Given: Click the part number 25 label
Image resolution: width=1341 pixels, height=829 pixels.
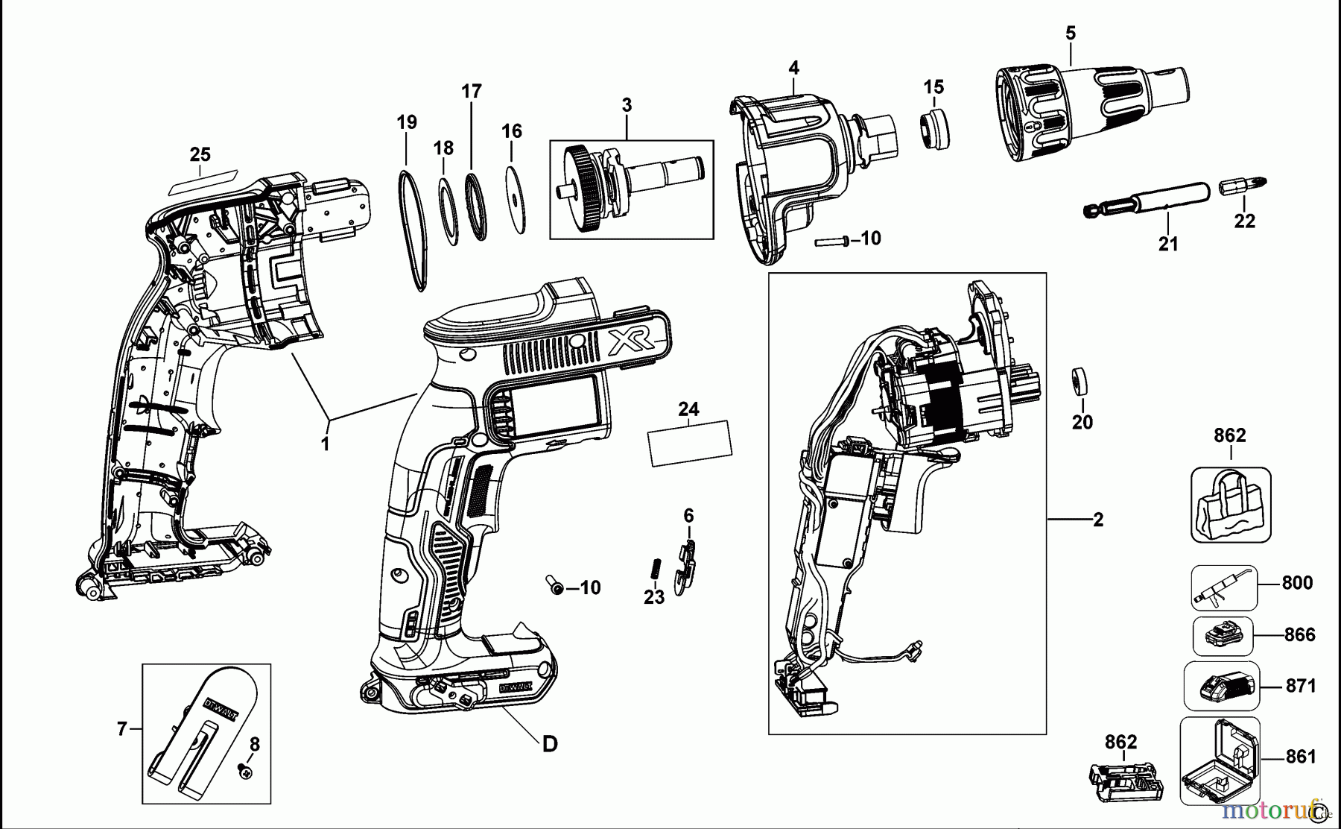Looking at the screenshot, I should tap(200, 154).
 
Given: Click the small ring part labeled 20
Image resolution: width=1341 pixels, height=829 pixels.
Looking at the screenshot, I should tap(1080, 382).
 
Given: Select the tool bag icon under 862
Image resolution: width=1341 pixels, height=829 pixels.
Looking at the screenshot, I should tap(1230, 504).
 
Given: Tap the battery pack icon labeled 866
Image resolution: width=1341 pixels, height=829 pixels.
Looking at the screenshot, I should tap(1223, 636).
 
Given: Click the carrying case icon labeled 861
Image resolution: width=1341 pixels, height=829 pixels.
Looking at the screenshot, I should tap(1220, 760).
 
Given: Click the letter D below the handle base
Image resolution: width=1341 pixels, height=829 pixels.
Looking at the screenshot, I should tap(549, 743).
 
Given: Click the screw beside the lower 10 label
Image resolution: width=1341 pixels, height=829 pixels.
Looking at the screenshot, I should tap(555, 587).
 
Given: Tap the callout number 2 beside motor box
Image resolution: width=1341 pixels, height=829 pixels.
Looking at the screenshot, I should tap(1097, 520).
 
